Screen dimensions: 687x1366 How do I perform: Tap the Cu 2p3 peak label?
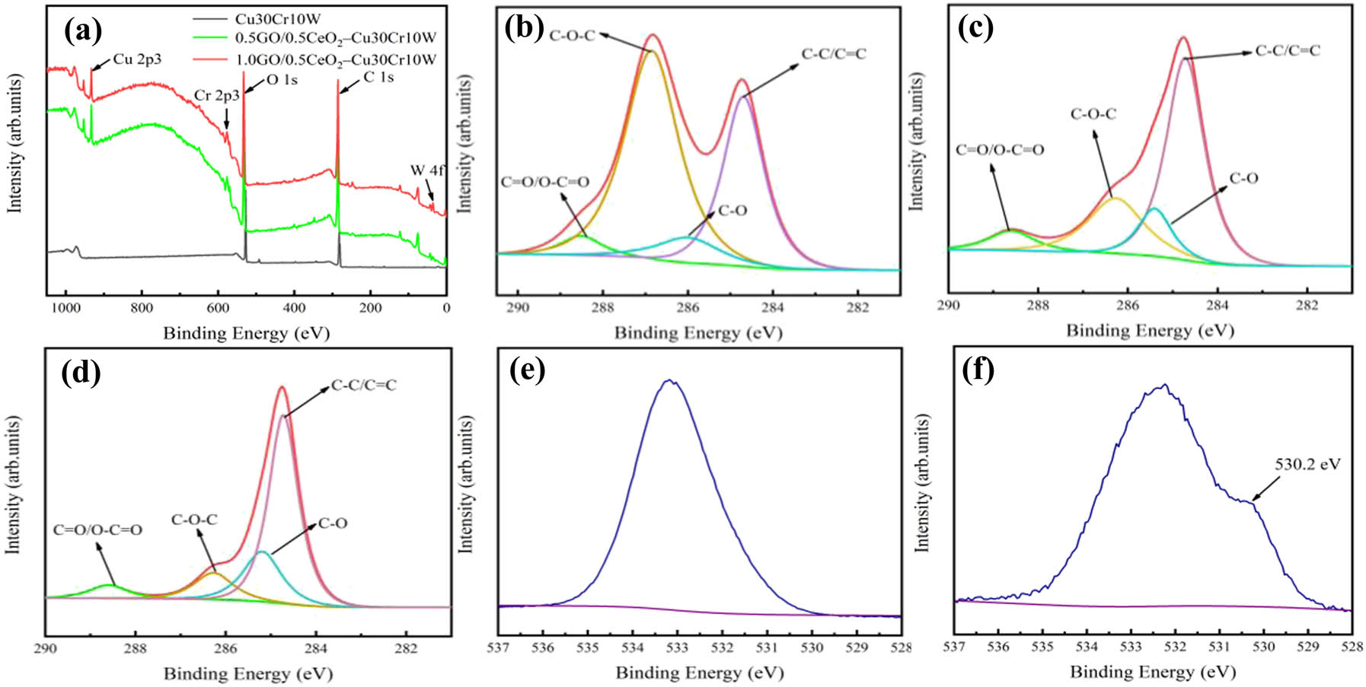(137, 59)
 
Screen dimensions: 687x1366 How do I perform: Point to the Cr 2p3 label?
(216, 95)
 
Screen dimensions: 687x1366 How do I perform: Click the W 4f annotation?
(426, 170)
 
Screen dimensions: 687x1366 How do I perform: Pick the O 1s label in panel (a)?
(282, 80)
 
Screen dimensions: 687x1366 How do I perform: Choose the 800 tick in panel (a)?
(142, 308)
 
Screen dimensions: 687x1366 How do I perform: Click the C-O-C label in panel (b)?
(572, 36)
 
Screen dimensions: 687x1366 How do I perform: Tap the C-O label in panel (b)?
(732, 210)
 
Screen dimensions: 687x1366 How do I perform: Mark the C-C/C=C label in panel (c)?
(1288, 51)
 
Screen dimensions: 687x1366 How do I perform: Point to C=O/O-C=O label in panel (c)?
(1000, 150)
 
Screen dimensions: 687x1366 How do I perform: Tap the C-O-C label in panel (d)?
(194, 520)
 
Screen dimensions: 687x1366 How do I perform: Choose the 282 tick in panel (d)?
(406, 648)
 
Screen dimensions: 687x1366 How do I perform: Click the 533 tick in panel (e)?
(677, 647)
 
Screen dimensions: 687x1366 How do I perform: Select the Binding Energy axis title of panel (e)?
(699, 673)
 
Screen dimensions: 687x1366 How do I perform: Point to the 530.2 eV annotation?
(1307, 464)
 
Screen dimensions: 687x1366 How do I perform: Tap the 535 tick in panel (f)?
(1042, 647)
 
